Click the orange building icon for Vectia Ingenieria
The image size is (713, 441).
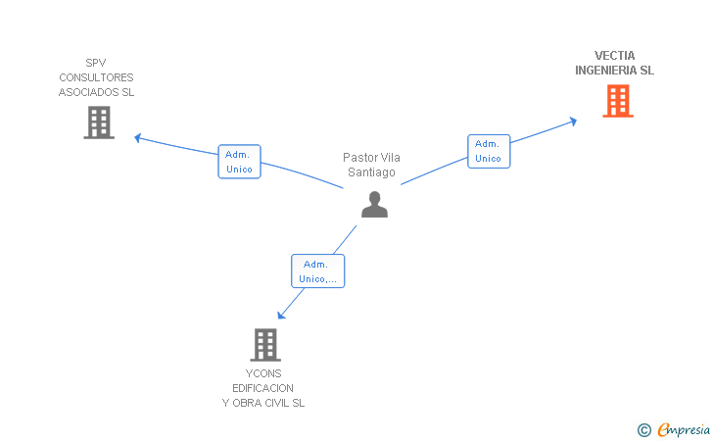(x=618, y=101)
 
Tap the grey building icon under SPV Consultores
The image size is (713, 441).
(x=99, y=122)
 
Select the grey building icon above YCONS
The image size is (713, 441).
(x=265, y=345)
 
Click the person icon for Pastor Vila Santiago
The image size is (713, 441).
(x=375, y=205)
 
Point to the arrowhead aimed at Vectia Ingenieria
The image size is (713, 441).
(x=573, y=122)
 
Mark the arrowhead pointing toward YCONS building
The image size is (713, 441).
(x=281, y=315)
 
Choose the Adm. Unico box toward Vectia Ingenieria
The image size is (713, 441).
(x=489, y=152)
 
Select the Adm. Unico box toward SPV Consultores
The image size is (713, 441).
(x=239, y=162)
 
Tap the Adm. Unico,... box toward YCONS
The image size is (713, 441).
(x=318, y=271)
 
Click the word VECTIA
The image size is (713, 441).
(x=614, y=56)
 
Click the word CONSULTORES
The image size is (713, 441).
(x=96, y=77)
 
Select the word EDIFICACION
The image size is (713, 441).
(x=262, y=388)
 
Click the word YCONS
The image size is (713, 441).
(x=263, y=373)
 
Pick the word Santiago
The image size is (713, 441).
(x=371, y=172)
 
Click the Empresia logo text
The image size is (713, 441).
(x=684, y=430)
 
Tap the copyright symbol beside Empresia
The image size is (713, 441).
(x=644, y=430)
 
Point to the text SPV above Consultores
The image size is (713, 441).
(x=96, y=63)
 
